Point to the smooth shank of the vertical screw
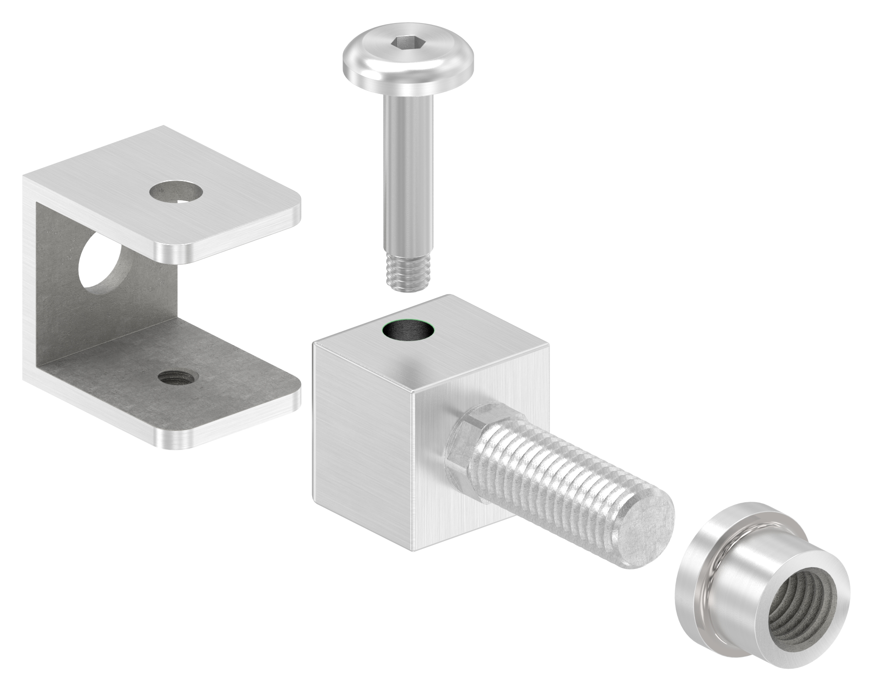(x=408, y=174)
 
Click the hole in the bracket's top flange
(x=176, y=192)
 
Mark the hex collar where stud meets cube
(x=462, y=440)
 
